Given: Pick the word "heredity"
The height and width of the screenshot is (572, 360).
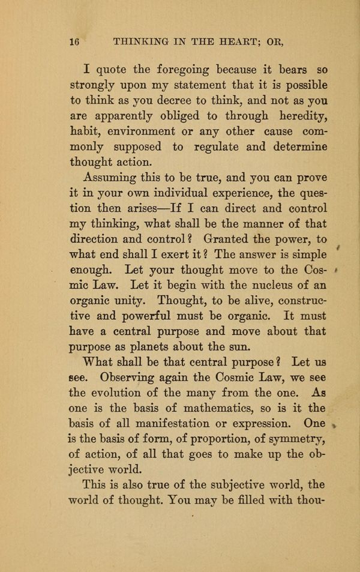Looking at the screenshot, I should [298, 115].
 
